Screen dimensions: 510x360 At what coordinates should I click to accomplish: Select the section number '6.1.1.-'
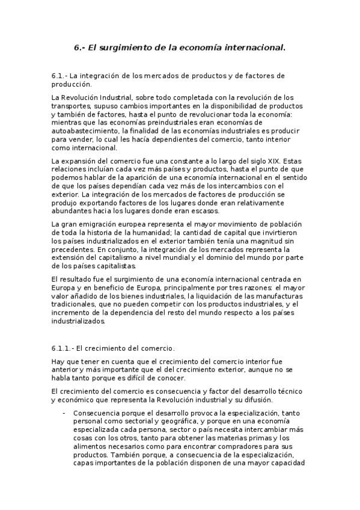click(x=64, y=348)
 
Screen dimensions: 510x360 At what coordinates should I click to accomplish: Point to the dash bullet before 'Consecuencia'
click(x=64, y=413)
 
